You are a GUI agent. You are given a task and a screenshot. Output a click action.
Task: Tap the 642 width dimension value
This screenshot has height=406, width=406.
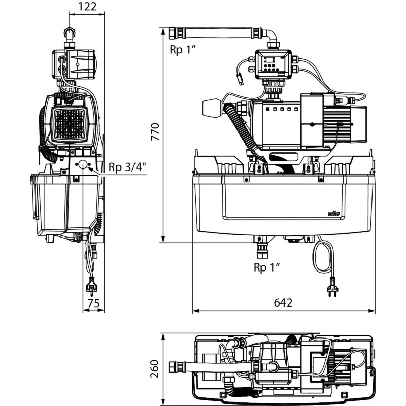284,303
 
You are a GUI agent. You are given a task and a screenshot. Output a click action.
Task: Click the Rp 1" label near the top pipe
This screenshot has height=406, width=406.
183,49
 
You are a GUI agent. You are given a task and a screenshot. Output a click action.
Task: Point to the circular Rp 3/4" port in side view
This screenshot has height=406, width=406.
82,165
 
